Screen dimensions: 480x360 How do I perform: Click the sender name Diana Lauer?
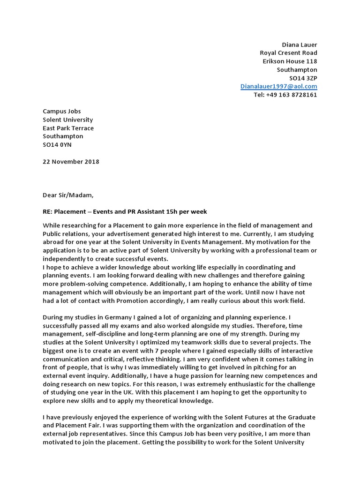299,45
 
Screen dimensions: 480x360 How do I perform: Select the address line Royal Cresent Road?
288,53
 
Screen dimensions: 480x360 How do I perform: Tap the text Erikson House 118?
289,61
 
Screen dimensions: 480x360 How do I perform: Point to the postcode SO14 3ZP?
303,78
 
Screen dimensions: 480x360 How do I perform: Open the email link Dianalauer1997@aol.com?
278,86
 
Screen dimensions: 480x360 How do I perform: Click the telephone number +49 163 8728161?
291,95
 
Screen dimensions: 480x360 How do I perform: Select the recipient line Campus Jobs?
62,111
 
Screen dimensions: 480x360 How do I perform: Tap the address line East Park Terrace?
68,128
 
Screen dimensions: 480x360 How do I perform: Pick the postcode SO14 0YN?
57,145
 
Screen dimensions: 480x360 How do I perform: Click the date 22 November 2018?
71,162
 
